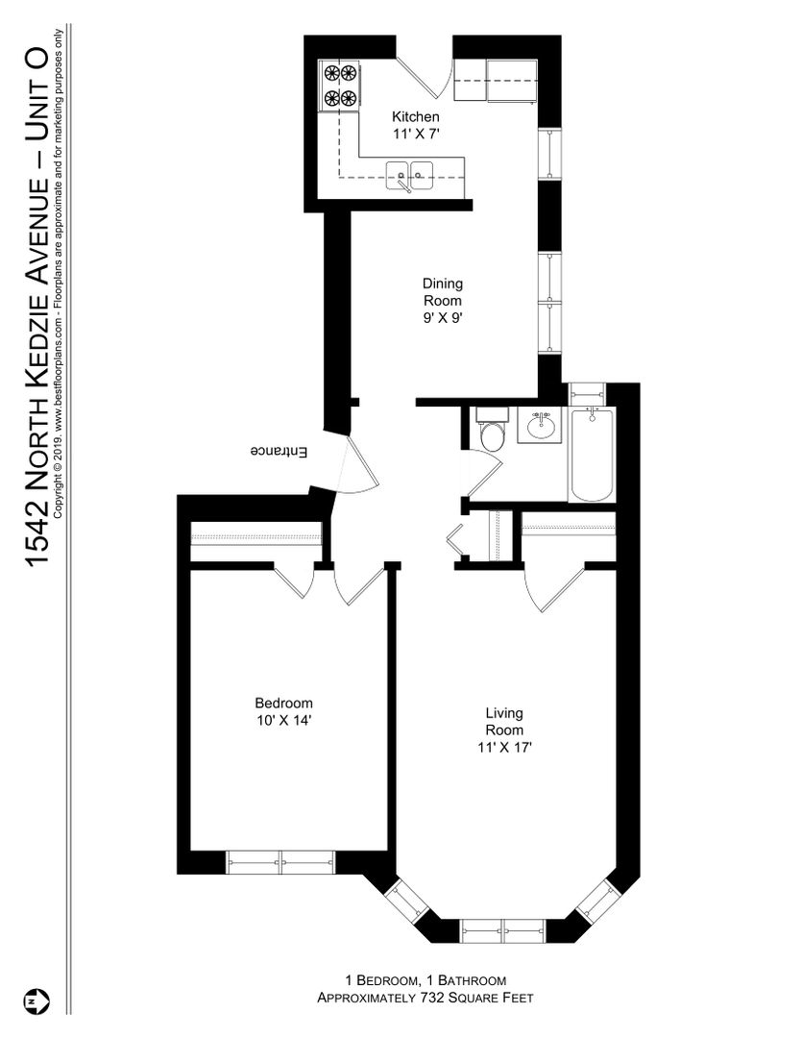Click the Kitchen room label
tap(416, 124)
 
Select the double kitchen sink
tap(409, 175)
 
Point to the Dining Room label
tap(443, 300)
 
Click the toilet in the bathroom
tap(492, 431)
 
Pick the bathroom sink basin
tap(542, 426)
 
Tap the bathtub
tap(593, 455)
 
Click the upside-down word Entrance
tap(279, 452)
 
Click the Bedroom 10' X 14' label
tap(284, 711)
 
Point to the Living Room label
tap(505, 730)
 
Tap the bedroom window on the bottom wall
tap(280, 862)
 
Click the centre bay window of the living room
tap(503, 930)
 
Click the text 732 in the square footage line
tap(431, 998)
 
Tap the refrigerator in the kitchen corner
tap(513, 81)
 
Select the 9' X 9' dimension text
tap(443, 318)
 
